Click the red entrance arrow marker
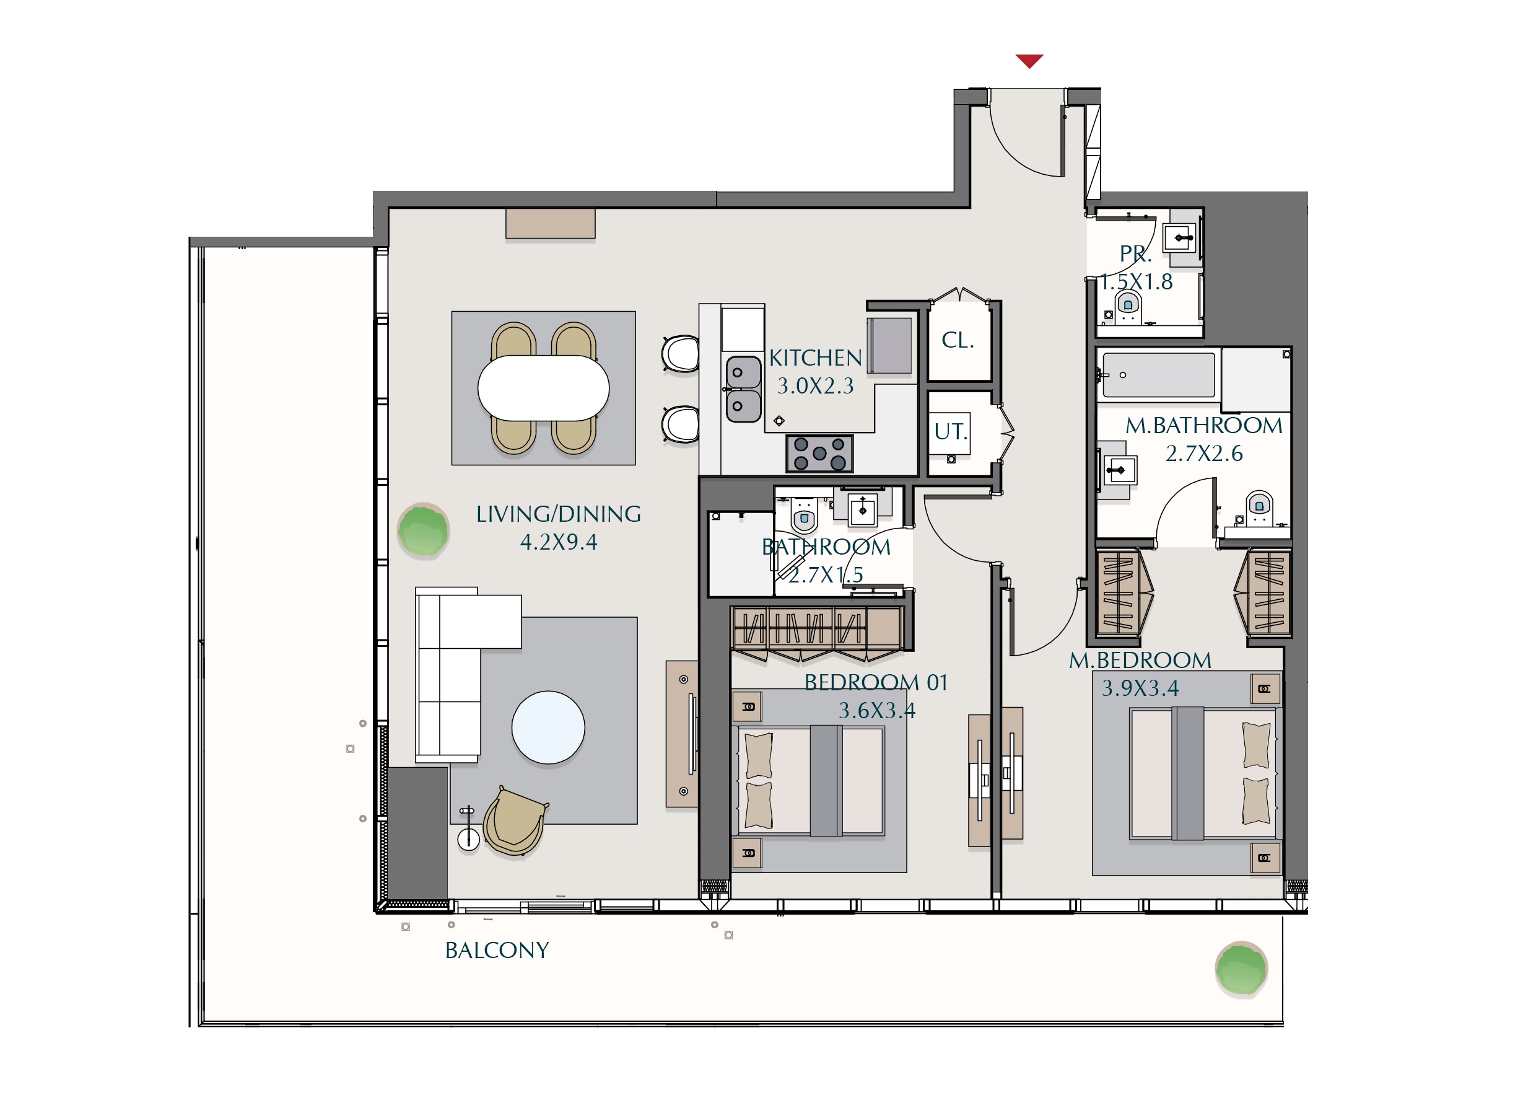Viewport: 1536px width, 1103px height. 1029,61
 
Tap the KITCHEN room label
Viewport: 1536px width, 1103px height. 816,358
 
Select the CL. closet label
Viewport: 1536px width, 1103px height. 958,340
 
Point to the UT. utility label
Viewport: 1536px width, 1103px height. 951,431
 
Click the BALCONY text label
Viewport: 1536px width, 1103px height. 497,951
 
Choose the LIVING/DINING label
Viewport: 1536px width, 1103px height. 559,514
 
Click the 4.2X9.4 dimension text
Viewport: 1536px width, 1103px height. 559,542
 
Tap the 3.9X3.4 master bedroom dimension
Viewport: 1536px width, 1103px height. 1140,688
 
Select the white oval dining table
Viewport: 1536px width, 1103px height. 543,388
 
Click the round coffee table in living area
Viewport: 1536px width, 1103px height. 548,727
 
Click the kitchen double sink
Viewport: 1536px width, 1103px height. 744,390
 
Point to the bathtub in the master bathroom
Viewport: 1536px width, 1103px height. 1159,375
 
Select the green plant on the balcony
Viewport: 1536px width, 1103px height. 1241,969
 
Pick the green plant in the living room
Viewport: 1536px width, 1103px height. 423,530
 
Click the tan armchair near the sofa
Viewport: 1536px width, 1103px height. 515,821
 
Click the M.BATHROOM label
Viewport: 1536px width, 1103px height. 1204,426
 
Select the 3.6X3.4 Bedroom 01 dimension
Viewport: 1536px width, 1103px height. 877,711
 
